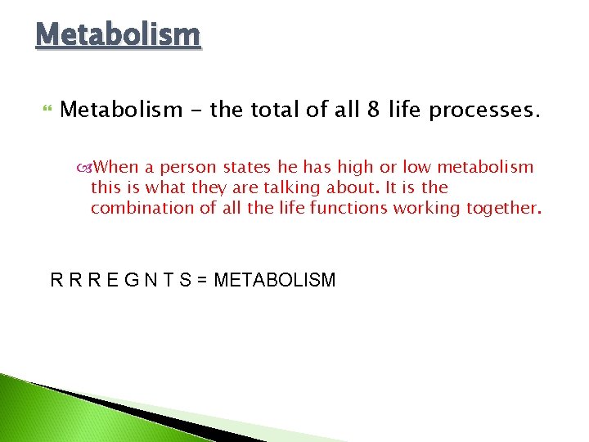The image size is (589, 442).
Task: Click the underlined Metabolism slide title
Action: pos(118,35)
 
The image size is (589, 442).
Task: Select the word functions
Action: pos(348,208)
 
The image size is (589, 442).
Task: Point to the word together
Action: pos(501,208)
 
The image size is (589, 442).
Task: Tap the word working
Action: pos(429,208)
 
